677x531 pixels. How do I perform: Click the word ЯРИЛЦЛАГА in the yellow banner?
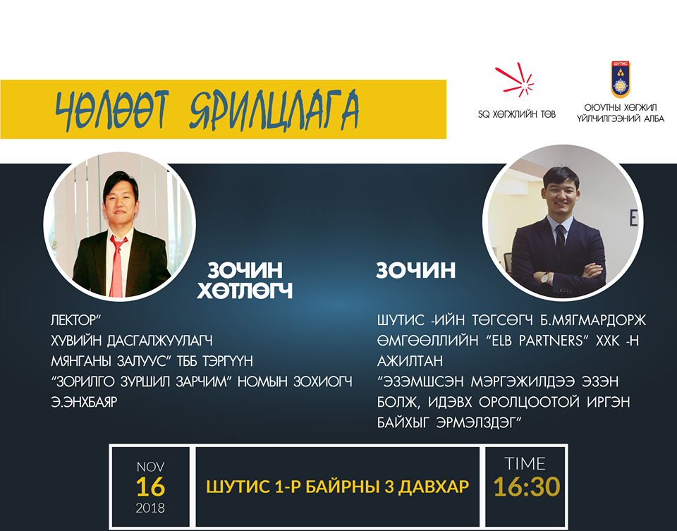[x=274, y=110]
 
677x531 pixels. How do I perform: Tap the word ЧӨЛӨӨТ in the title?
[x=111, y=110]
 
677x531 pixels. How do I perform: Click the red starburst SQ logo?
[x=515, y=80]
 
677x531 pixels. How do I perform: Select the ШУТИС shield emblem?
[x=620, y=80]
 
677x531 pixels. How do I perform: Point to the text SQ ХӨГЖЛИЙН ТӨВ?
[x=517, y=114]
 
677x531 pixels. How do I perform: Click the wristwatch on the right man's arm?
[x=545, y=277]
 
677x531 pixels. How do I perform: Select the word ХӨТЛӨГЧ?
[x=245, y=291]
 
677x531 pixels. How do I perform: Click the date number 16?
[x=150, y=487]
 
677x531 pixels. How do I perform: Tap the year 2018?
[x=150, y=508]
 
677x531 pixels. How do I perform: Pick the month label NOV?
[x=150, y=467]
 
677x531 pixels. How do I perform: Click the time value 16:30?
[x=527, y=487]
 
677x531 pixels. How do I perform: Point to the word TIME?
[x=525, y=463]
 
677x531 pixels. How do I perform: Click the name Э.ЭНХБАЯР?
[x=84, y=402]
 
